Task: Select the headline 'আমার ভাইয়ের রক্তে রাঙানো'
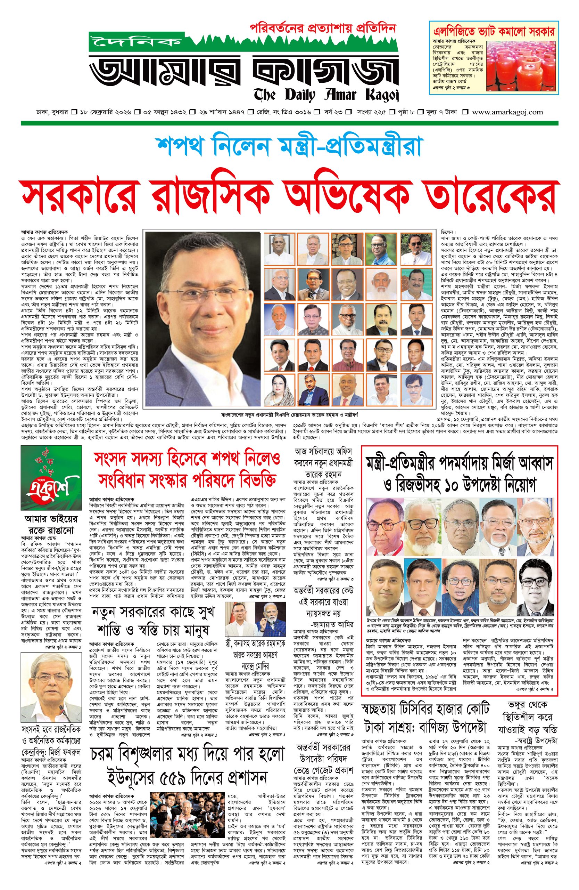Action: tap(51, 525)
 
